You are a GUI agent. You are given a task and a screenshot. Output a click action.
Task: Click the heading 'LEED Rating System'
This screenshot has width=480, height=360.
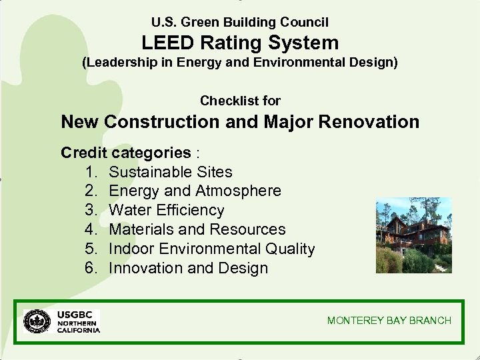click(240, 43)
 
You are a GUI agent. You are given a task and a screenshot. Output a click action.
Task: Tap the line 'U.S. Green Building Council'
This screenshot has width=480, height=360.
click(240, 22)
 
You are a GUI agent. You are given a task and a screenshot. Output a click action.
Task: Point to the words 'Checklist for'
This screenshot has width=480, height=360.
click(240, 101)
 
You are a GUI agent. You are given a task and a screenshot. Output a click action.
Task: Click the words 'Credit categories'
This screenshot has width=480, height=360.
click(125, 153)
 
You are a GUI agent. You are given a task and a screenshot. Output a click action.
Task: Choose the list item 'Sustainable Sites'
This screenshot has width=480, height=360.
click(171, 172)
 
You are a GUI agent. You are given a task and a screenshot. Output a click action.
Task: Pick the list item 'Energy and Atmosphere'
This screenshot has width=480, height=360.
click(195, 191)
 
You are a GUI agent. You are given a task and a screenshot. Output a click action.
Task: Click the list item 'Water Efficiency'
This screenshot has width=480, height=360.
click(167, 211)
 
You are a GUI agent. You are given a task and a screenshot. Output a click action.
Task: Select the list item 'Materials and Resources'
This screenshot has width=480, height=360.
click(197, 230)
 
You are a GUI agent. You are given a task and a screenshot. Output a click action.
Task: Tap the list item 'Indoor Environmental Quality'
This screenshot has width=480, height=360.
click(211, 249)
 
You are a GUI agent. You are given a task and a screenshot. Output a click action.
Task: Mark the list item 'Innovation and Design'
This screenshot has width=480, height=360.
click(188, 269)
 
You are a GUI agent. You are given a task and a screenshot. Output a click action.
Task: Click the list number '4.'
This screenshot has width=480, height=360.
click(93, 230)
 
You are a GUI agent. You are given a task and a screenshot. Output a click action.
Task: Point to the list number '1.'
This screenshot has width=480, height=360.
click(93, 172)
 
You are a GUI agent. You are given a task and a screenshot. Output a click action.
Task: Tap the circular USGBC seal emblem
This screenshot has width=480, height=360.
click(38, 321)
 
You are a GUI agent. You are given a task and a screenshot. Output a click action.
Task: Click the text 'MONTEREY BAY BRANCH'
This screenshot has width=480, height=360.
click(389, 321)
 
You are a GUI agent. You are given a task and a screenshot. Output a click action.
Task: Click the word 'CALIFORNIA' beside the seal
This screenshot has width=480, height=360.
click(79, 330)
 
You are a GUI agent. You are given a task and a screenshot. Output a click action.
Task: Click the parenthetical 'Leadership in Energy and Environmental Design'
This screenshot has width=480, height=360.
click(240, 63)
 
